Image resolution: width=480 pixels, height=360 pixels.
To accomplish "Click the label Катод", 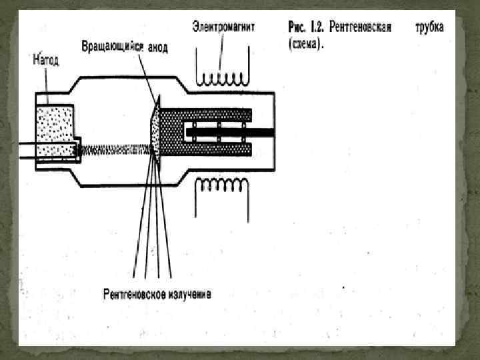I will (x=46, y=61).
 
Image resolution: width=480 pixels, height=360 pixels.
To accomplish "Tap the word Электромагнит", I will (x=223, y=27).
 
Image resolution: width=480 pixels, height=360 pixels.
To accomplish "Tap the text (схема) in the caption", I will (x=306, y=45).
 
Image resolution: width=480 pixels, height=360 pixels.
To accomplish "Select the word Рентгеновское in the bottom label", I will (x=132, y=294).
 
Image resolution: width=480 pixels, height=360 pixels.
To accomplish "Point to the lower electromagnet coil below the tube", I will (x=221, y=189).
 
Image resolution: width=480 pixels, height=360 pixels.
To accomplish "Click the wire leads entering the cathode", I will (x=27, y=151).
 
